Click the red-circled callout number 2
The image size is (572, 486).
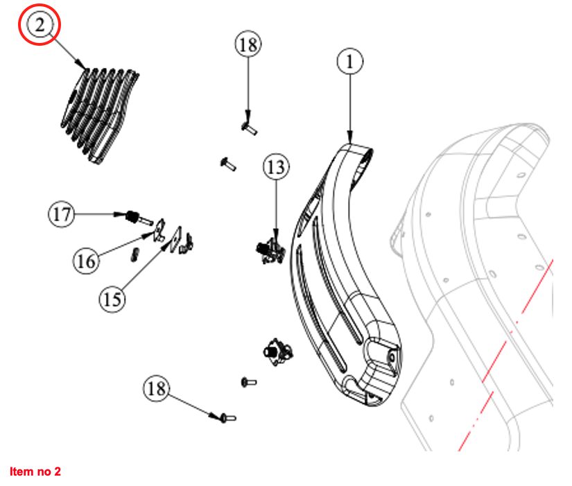click(40, 26)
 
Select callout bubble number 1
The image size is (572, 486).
click(350, 62)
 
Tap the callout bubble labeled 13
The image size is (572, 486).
click(275, 167)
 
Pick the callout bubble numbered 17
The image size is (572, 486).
click(62, 214)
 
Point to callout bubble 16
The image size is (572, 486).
click(87, 261)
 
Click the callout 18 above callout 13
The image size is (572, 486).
click(248, 46)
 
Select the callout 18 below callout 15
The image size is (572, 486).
click(157, 388)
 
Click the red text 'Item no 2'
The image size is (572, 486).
click(35, 472)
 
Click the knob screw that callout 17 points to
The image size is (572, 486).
click(131, 217)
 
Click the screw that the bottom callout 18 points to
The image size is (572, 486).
click(227, 417)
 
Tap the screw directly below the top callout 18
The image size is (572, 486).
click(248, 126)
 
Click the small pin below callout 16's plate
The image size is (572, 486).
click(136, 252)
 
